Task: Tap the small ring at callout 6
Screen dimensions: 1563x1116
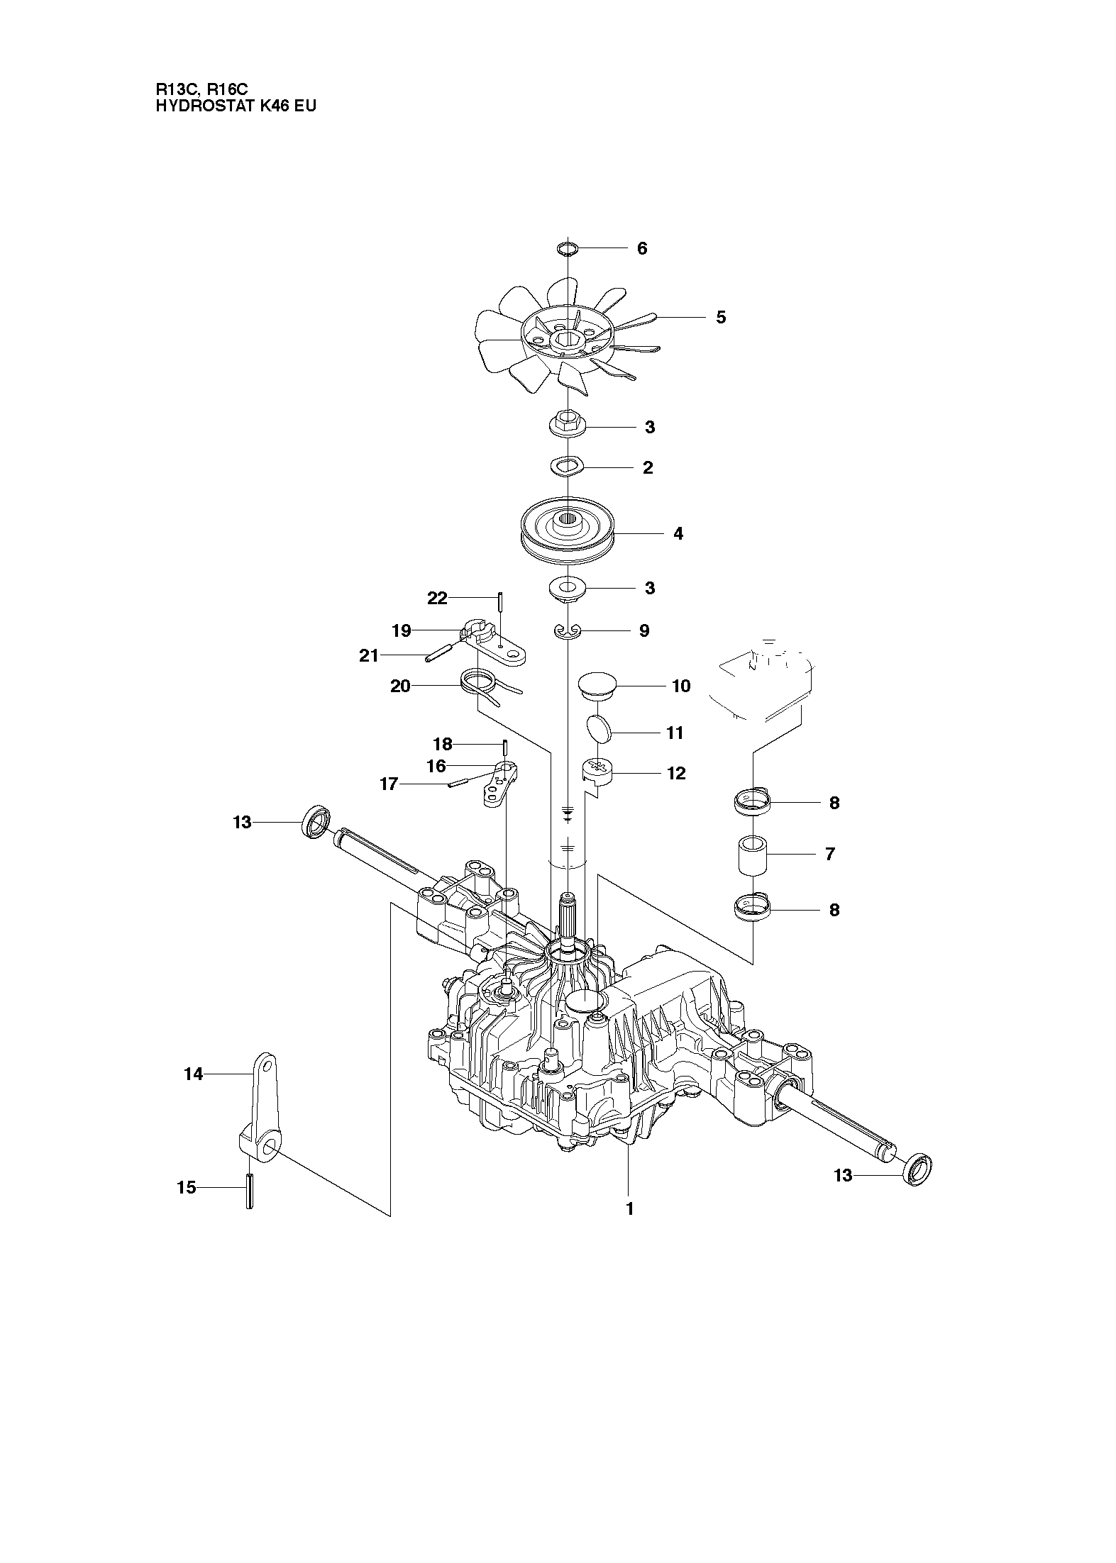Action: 567,248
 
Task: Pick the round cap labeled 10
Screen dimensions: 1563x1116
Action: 596,685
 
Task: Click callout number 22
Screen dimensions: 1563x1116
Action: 437,599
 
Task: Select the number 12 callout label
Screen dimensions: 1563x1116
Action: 676,773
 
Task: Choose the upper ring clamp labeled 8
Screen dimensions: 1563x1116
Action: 751,803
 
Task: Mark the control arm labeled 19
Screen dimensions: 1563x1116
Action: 497,645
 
